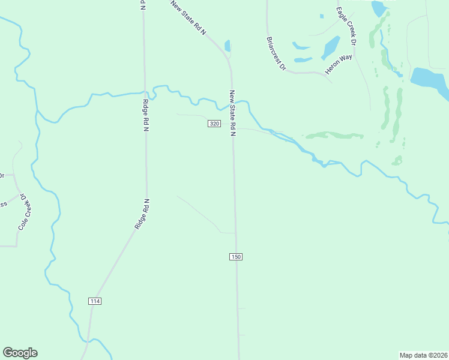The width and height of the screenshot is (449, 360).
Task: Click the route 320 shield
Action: click(214, 124)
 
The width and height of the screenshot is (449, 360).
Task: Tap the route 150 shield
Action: click(235, 257)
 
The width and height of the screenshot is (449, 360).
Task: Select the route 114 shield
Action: click(94, 301)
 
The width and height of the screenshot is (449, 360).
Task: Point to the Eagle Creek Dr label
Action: click(346, 26)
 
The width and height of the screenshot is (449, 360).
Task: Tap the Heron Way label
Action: click(339, 65)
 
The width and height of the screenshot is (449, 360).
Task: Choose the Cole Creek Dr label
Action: click(24, 211)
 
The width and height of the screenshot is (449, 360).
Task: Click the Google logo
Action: click(20, 353)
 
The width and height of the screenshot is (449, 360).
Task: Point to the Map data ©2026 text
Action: click(423, 355)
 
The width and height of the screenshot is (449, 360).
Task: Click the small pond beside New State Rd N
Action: click(227, 46)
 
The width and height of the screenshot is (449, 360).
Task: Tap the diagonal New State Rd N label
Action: click(188, 18)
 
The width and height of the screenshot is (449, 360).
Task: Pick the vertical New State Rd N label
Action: click(232, 113)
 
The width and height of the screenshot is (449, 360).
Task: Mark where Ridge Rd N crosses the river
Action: click(145, 92)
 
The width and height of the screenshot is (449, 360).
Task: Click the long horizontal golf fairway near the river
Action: click(334, 135)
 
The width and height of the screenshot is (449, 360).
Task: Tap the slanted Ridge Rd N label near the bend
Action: click(142, 214)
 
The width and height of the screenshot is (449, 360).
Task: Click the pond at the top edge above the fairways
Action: click(378, 8)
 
